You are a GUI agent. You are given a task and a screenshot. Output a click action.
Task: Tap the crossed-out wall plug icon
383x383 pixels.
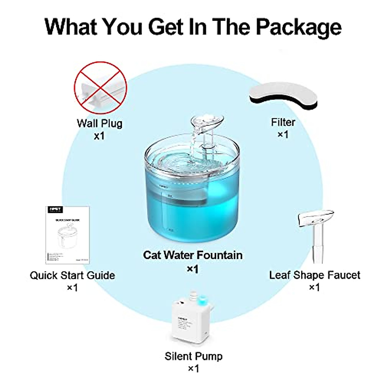point(101,87)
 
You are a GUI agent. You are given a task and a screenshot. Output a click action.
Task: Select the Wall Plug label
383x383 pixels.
point(100,123)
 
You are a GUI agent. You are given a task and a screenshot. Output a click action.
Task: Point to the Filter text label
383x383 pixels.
point(283,122)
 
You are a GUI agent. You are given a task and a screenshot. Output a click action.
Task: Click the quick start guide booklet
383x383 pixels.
point(67,235)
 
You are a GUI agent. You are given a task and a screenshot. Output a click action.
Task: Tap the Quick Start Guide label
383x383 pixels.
point(72,275)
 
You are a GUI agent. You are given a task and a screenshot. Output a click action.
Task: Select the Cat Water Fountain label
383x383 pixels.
point(193,255)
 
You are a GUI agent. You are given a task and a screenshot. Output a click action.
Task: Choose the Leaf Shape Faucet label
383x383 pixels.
point(315,275)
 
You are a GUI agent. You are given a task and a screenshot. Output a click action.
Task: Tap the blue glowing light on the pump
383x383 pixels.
point(202,300)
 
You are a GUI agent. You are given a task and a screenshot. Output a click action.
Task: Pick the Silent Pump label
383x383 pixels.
point(193,356)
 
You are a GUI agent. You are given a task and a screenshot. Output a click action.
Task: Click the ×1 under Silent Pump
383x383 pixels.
point(193,369)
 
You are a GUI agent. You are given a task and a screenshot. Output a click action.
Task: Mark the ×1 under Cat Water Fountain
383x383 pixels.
point(192,269)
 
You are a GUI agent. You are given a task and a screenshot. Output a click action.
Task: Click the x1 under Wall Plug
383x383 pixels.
point(99,136)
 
